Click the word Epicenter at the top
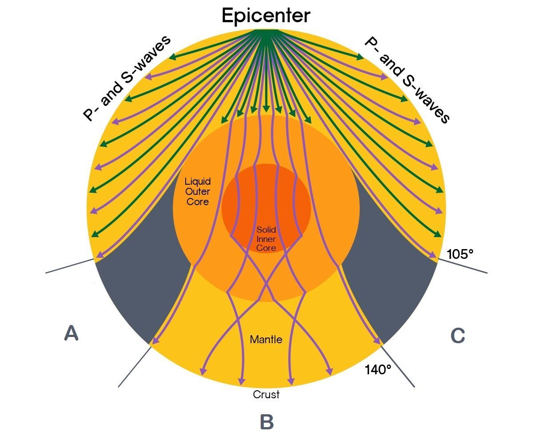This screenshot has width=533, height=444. (x=266, y=16)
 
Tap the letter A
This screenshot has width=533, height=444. (x=71, y=333)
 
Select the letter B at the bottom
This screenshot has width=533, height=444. (x=266, y=422)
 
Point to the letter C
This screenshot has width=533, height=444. (x=457, y=336)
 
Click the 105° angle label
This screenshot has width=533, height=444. (x=460, y=254)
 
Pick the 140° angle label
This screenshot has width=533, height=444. (x=378, y=369)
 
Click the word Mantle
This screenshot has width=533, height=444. (x=266, y=340)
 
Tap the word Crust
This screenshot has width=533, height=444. (x=266, y=394)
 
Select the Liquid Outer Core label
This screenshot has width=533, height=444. (x=198, y=191)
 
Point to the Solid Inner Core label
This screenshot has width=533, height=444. (x=266, y=239)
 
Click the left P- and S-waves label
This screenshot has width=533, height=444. (x=127, y=78)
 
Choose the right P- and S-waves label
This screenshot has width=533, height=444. (x=407, y=79)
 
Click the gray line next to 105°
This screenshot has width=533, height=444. (x=464, y=266)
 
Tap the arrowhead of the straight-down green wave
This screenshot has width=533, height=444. (x=266, y=110)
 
